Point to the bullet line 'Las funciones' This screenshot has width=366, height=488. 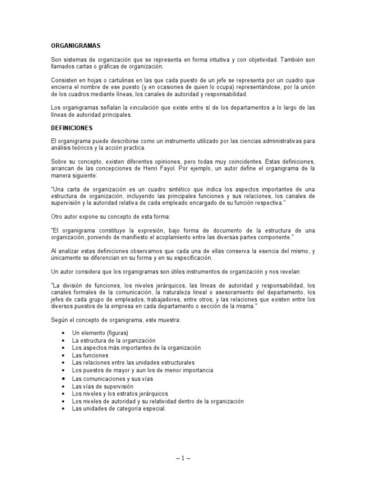[90, 355]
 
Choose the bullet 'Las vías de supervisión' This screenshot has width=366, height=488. [102, 386]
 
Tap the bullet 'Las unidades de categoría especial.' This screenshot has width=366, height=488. [119, 409]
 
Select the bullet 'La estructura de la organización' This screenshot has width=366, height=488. [114, 340]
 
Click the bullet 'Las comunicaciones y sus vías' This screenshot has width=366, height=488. [113, 378]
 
